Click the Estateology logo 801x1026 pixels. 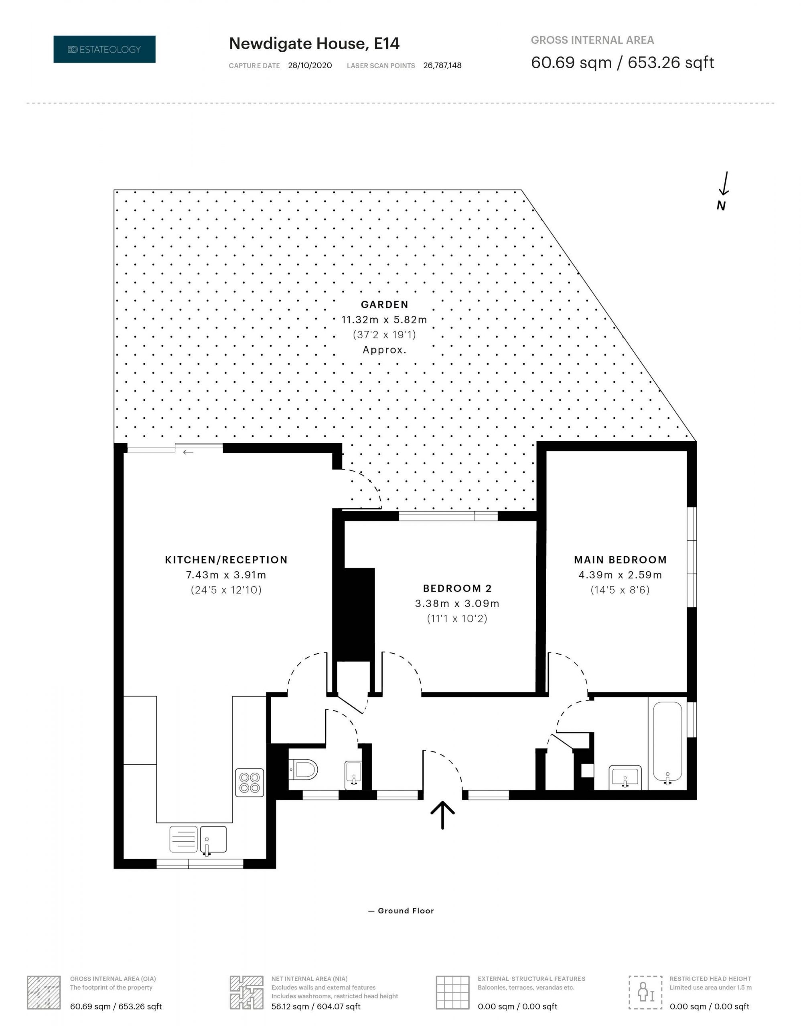coord(104,49)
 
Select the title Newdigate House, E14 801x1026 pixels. coord(314,44)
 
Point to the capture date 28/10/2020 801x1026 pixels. coord(310,66)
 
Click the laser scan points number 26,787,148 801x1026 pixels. coord(442,66)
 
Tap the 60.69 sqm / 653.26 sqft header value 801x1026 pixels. coord(623,63)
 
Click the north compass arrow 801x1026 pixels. coord(724,183)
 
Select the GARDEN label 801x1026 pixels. coord(385,305)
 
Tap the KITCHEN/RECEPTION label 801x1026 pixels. coord(226,559)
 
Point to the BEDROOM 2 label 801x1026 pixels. coord(457,588)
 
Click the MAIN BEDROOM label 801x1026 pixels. coord(620,559)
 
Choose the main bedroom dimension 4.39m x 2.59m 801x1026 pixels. coord(620,575)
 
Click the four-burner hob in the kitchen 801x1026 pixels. coord(249,782)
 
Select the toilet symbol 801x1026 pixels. coord(303,770)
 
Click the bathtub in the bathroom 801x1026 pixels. coord(667,744)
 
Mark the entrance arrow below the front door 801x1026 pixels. coord(442,815)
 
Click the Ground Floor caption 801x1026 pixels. coord(401,911)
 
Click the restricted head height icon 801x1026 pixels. coord(645,993)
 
